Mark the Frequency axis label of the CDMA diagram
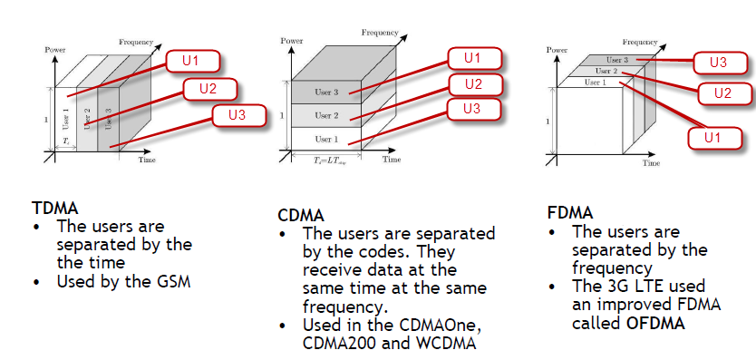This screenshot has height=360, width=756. pos(380,32)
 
